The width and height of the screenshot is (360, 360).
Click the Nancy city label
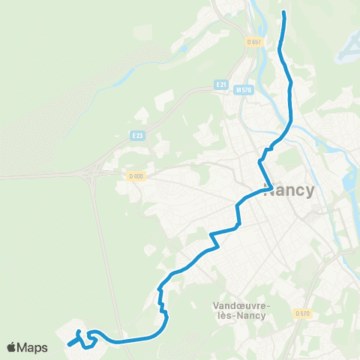pyautogui.click(x=289, y=190)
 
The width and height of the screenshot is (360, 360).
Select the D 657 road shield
pyautogui.click(x=253, y=42)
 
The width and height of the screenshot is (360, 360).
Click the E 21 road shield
pyautogui.click(x=220, y=85)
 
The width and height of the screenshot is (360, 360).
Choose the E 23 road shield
pyautogui.click(x=136, y=136)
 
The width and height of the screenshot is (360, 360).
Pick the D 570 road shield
pyautogui.click(x=302, y=313)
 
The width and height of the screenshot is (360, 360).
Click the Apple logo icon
pyautogui.click(x=12, y=347)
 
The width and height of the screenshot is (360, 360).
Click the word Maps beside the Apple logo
pyautogui.click(x=33, y=347)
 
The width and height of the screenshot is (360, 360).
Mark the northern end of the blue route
pyautogui.click(x=284, y=13)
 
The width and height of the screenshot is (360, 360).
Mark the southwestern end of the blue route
pyautogui.click(x=68, y=345)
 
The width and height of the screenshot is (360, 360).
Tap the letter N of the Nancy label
pyautogui.click(x=269, y=190)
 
